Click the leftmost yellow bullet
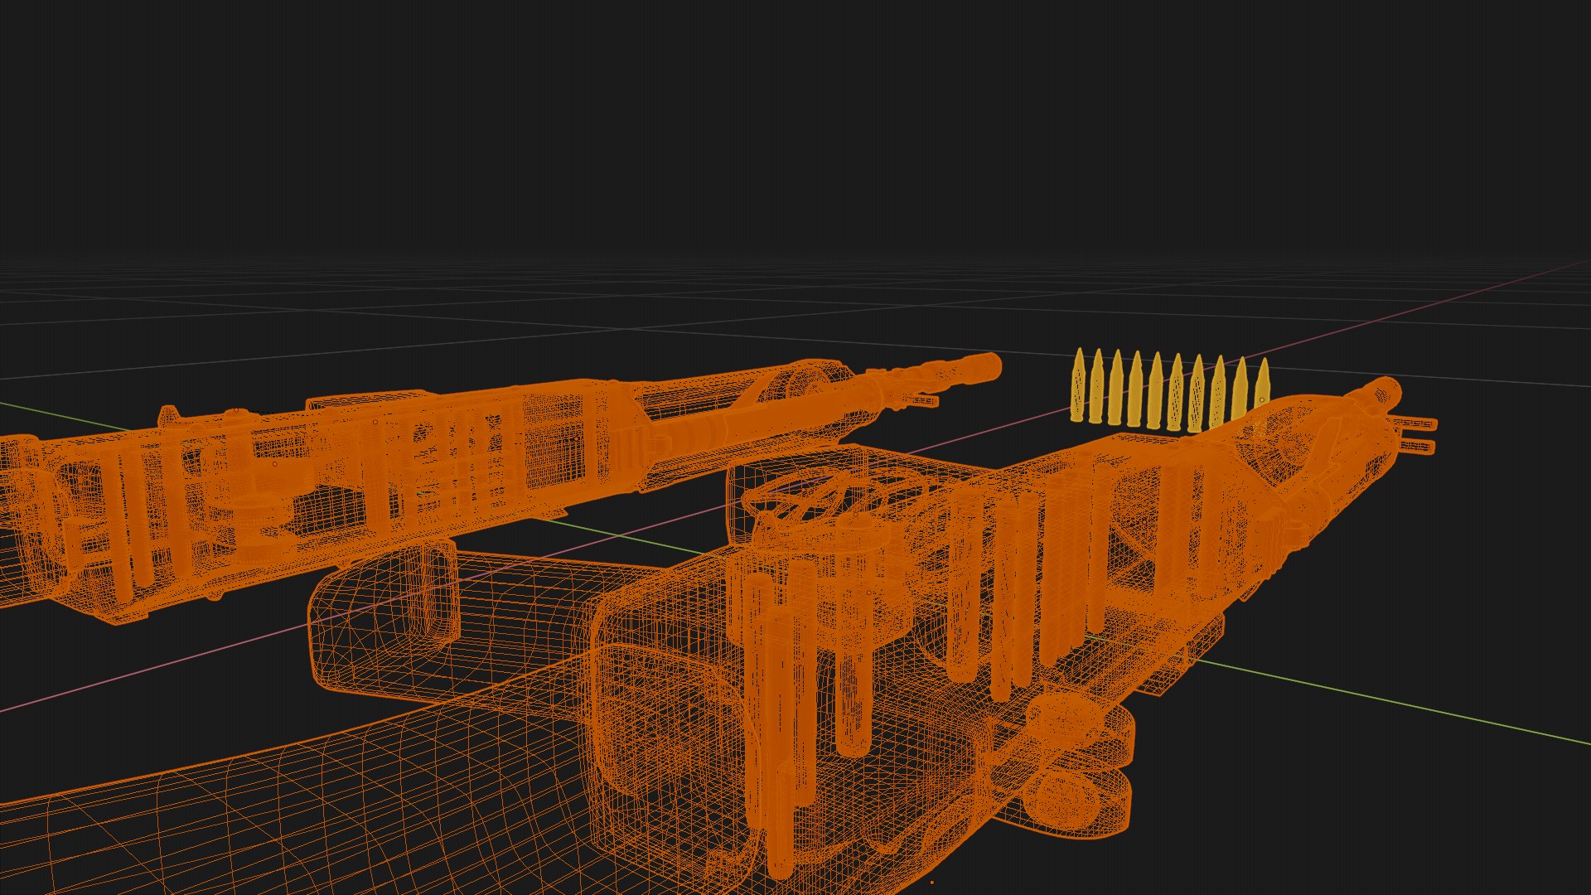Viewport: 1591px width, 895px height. [x=1077, y=388]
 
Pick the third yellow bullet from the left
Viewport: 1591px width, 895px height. [x=1116, y=388]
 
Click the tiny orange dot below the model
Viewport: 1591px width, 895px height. [x=932, y=883]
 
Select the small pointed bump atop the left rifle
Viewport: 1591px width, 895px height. [x=169, y=412]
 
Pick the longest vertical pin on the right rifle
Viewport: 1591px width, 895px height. [x=779, y=746]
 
